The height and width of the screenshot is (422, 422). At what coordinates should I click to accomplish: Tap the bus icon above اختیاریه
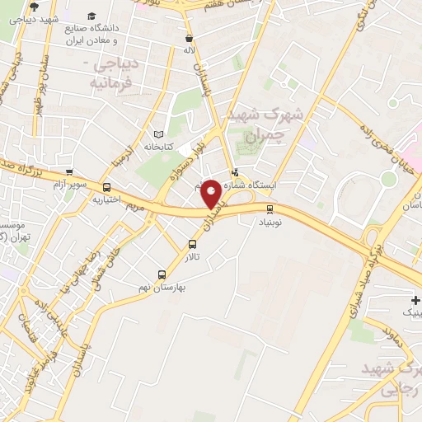[x=106, y=187]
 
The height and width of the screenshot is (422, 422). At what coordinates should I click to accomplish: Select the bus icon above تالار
[x=192, y=244]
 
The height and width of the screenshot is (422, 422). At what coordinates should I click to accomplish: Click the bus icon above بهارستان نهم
[x=162, y=274]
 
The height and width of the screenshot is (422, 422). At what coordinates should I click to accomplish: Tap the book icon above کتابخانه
[x=158, y=134]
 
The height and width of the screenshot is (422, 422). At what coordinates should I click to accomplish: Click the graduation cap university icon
[x=91, y=16]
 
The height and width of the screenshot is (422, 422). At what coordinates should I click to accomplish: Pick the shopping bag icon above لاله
[x=190, y=38]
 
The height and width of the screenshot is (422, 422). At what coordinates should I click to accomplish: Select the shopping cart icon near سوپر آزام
[x=69, y=173]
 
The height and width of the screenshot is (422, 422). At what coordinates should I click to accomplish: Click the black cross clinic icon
[x=415, y=301]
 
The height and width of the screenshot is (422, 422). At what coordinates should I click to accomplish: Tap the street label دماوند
[x=374, y=331]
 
